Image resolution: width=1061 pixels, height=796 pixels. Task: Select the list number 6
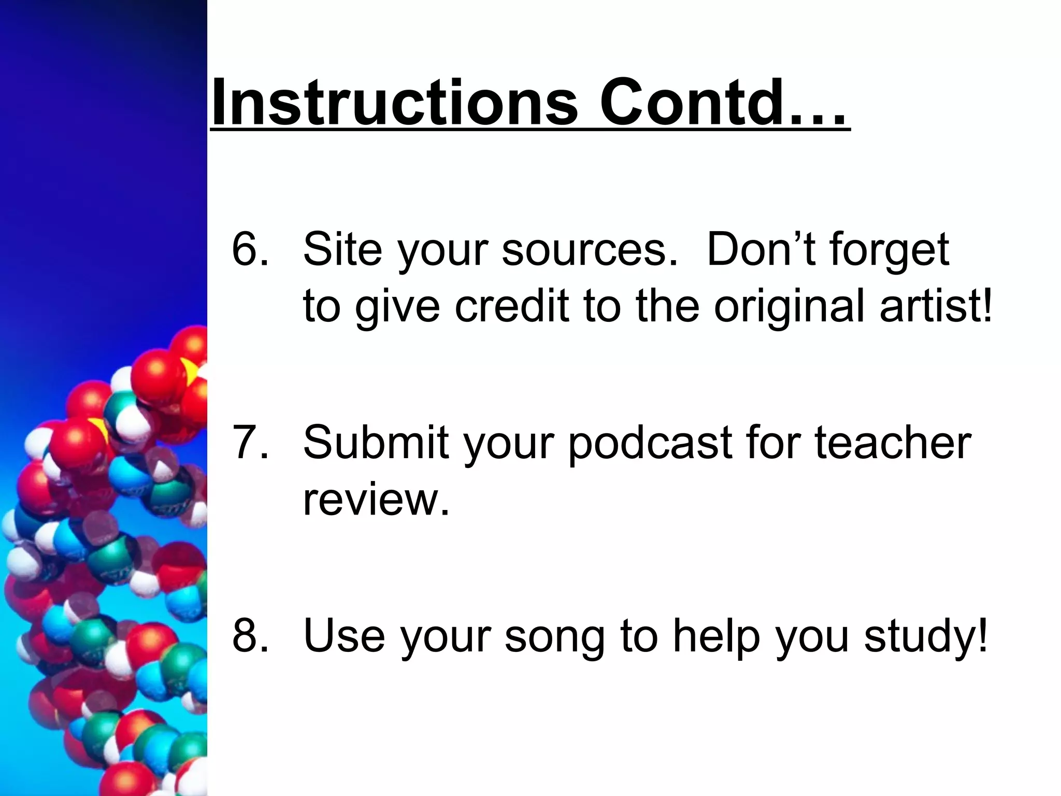point(250,249)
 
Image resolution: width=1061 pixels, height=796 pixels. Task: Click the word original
point(790,307)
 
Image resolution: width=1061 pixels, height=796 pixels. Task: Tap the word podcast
point(650,443)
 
